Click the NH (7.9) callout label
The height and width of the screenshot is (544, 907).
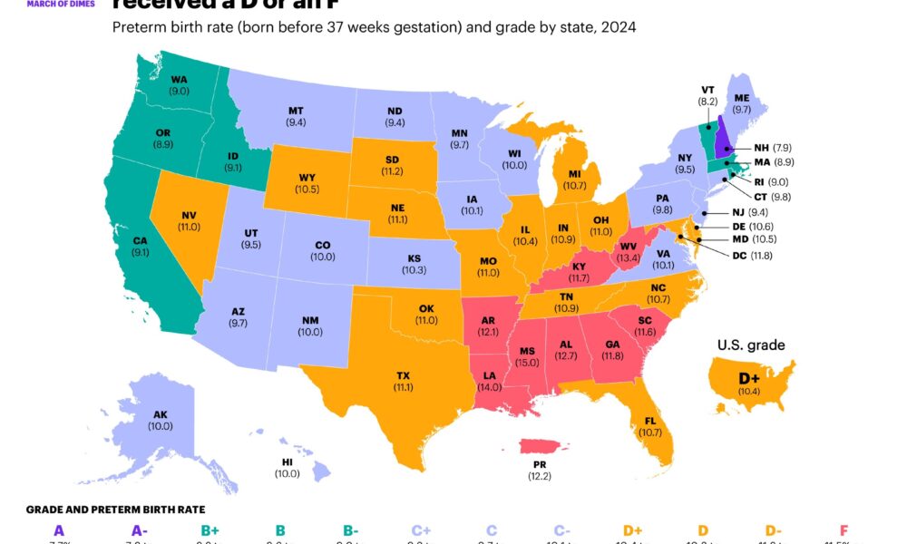774,147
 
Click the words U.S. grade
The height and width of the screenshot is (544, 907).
751,345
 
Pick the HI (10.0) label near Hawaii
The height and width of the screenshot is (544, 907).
287,467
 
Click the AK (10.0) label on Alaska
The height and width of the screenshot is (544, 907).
160,420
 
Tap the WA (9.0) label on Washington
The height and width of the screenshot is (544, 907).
178,84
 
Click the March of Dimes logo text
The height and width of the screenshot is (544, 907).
57,3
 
